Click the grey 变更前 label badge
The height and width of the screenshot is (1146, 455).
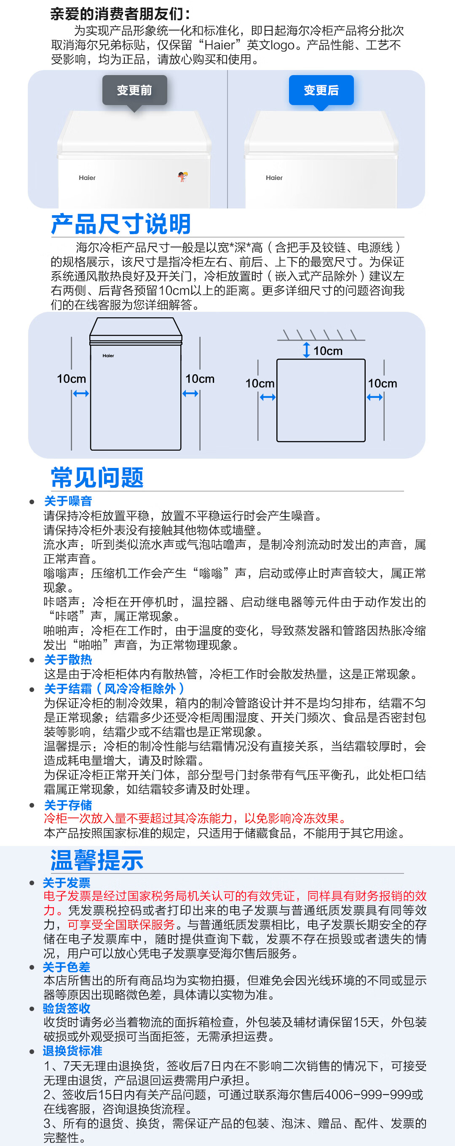135,90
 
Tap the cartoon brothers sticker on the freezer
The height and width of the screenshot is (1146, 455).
182,176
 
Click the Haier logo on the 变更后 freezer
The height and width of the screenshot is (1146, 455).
274,178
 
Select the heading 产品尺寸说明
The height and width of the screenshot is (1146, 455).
121,224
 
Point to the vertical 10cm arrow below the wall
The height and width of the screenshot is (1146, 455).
306,350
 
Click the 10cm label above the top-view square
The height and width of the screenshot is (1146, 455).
328,351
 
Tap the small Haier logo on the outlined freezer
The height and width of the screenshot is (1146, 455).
108,355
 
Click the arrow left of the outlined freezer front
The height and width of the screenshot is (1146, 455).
81,393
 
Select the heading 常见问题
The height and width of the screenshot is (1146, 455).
97,477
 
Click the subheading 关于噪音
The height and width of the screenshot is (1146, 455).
68,501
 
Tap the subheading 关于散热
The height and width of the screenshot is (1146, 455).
68,659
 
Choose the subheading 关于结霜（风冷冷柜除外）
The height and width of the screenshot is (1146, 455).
114,689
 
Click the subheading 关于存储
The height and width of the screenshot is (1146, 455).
68,805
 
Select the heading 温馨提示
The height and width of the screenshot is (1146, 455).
97,859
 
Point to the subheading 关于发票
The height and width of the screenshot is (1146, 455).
67,883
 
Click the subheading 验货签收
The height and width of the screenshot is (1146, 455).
67,1008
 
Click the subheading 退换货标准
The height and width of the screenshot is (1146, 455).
72,1051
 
